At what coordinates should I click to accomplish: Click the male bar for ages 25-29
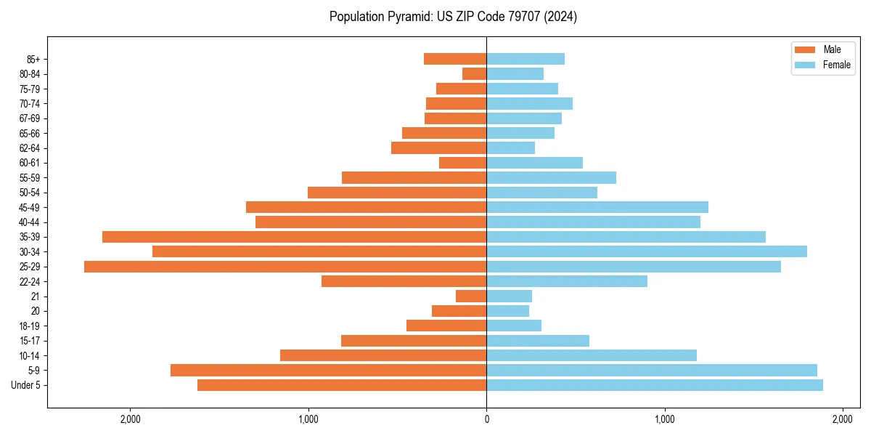285,267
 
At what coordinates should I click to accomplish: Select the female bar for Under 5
655,385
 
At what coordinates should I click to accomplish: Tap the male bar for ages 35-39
294,237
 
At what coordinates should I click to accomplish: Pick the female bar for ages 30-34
647,251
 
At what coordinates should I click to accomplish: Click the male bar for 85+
455,59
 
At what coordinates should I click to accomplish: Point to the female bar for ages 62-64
511,148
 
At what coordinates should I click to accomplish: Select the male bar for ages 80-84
475,73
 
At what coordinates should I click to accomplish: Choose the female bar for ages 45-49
597,207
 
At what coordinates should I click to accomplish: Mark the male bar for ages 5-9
328,371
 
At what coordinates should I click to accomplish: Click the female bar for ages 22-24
567,281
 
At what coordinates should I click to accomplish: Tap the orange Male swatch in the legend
806,49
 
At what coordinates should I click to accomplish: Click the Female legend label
837,65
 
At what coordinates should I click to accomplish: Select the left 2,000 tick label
130,420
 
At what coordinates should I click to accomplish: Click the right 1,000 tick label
665,420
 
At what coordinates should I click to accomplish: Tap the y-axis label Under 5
26,385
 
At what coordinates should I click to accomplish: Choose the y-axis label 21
36,296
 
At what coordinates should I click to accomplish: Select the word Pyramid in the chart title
407,17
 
